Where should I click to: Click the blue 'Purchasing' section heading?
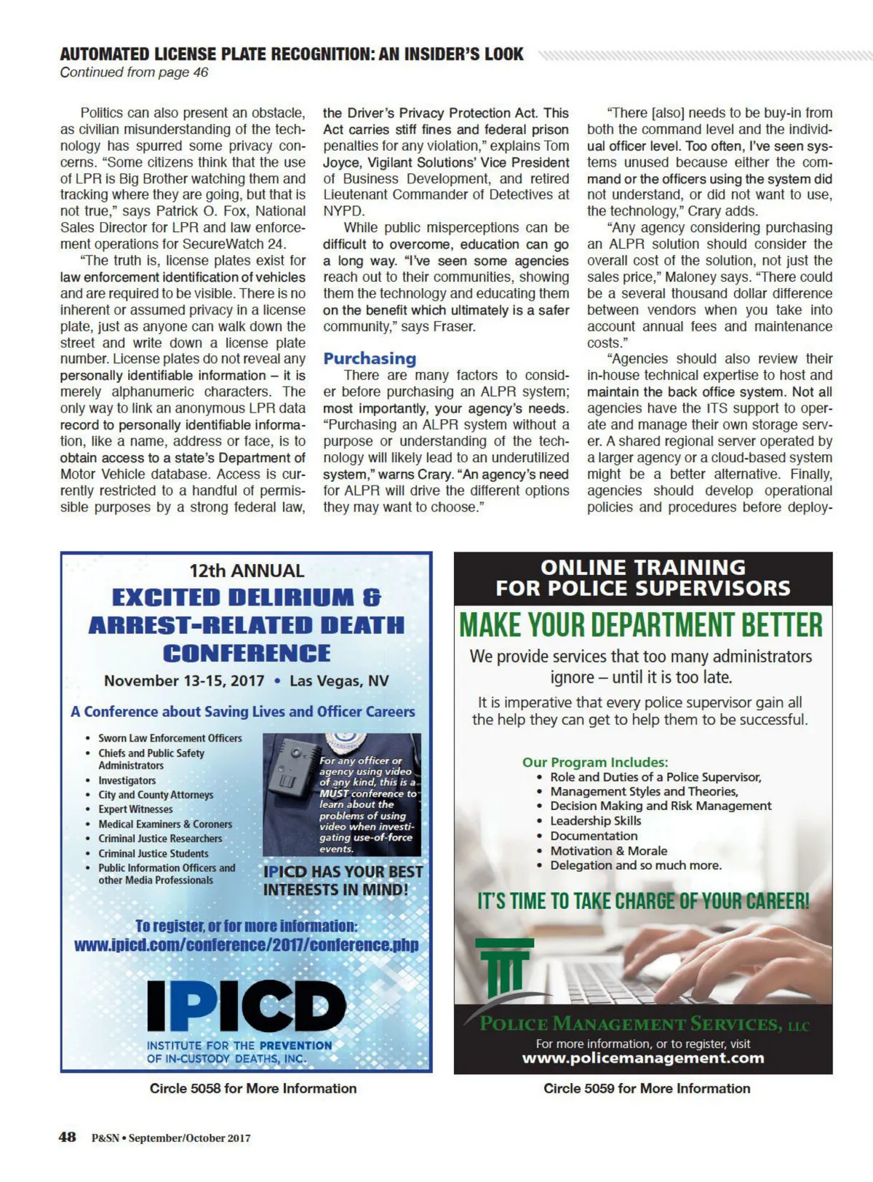[370, 358]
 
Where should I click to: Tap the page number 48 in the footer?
[67, 1137]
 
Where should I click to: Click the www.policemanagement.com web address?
[643, 1058]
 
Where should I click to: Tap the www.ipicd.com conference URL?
[247, 945]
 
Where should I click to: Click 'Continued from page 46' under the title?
[135, 72]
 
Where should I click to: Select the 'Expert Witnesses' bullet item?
[135, 809]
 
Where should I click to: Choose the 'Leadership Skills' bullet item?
[595, 821]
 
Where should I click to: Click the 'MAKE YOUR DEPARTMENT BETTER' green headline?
[641, 625]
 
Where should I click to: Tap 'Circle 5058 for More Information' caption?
[253, 1088]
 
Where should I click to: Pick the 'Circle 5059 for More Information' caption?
[647, 1088]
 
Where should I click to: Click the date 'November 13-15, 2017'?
[184, 681]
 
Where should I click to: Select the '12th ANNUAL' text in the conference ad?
[247, 571]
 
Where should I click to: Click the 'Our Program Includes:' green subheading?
[595, 762]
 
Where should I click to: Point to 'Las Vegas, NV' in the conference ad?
[339, 681]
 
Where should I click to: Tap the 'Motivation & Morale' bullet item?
[608, 851]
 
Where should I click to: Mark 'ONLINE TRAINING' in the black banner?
[643, 567]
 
